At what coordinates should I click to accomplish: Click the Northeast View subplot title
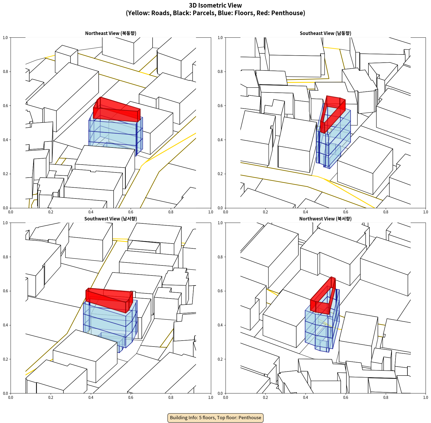111,33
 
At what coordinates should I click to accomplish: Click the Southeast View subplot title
325,33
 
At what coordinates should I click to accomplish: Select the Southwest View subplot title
111,219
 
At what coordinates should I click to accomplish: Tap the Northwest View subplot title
325,219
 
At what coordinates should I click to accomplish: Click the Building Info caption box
215,418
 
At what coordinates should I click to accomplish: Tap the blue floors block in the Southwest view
110,325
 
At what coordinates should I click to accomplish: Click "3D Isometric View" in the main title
215,5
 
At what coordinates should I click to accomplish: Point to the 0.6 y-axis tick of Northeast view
5,106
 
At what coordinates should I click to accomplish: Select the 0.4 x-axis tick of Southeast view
305,212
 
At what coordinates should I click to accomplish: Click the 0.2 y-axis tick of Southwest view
5,359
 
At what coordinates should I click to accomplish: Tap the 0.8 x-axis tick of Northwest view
386,398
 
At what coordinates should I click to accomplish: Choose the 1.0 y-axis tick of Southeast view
220,38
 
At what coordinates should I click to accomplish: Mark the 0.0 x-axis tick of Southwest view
11,398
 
